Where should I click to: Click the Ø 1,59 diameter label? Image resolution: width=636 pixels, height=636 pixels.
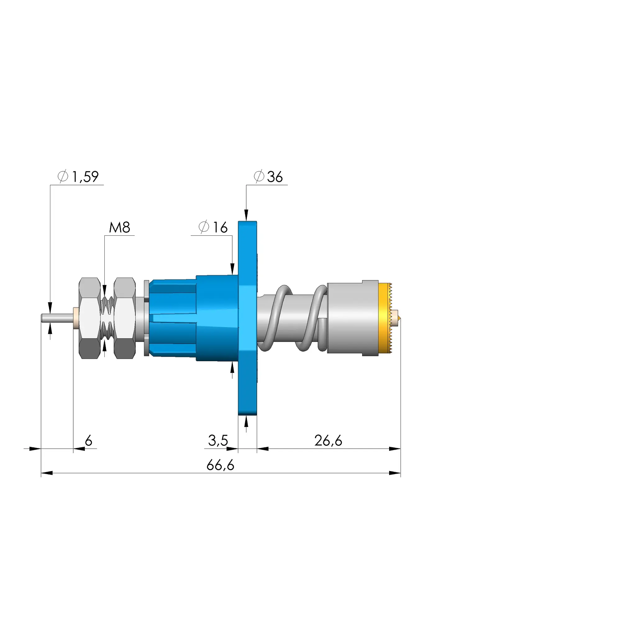(78, 177)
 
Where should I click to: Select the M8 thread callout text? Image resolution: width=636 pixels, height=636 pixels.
(120, 227)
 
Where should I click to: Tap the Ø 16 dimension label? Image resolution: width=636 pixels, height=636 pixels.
(213, 227)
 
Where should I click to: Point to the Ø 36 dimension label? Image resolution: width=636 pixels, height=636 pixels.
(268, 177)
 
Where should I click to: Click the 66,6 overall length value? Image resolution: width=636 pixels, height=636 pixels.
(220, 465)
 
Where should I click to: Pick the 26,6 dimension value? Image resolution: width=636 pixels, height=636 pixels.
(328, 440)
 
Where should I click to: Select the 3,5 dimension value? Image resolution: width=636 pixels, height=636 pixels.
(218, 440)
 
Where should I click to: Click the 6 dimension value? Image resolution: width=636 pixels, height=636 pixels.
(89, 440)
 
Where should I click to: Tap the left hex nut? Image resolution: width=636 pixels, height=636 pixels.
(90, 318)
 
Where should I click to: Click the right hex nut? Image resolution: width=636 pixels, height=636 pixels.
(125, 318)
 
